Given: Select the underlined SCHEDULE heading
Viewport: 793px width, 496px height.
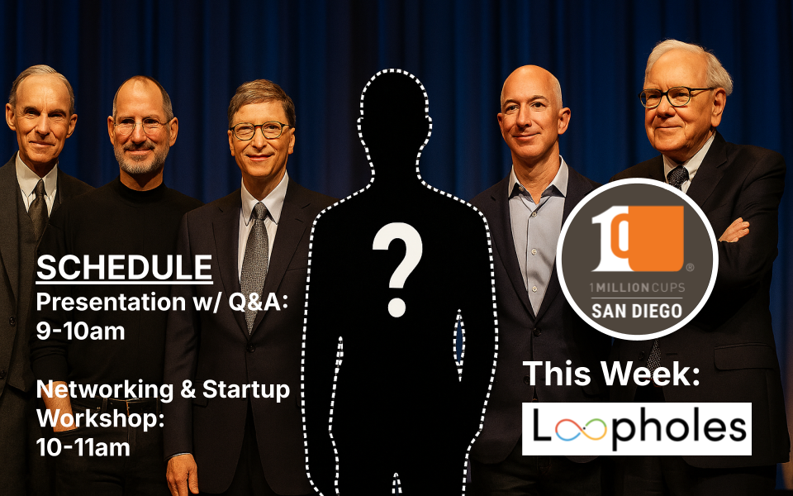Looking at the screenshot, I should [x=124, y=268].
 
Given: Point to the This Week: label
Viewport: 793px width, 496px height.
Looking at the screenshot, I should [x=611, y=374].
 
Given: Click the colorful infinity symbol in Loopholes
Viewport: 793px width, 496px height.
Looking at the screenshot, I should [x=587, y=429].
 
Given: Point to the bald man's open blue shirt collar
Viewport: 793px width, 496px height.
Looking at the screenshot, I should [x=538, y=186].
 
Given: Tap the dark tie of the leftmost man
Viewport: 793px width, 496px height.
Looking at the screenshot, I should [x=38, y=207].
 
